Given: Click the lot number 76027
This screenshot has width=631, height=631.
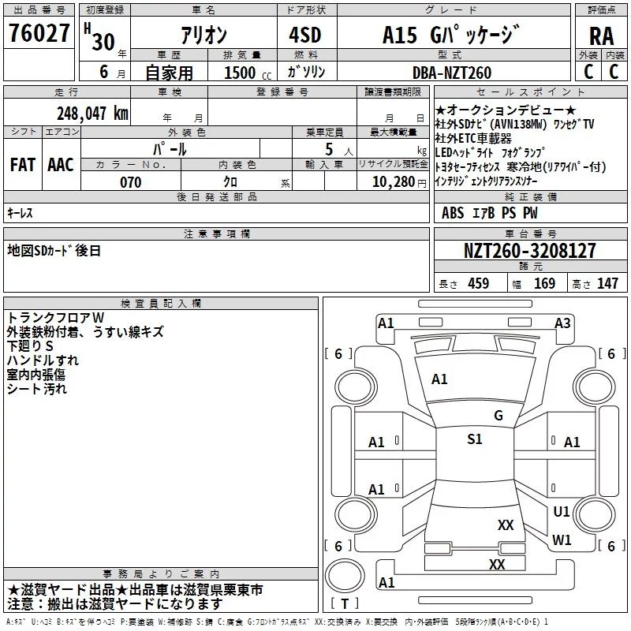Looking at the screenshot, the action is pos(39,33).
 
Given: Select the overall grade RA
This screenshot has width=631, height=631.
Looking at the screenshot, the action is pos(602,36).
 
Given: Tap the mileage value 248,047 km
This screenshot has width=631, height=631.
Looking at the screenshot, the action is pos(92,114).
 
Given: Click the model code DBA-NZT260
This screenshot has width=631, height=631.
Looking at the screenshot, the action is pos(452,73).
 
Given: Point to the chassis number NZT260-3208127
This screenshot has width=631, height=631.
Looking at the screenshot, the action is pos(529,251).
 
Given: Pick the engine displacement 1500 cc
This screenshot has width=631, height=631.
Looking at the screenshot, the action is pos(248,73).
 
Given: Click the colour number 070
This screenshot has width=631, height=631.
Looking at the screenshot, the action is pos(131,182).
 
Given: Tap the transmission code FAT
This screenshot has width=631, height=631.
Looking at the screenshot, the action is pos(23,165).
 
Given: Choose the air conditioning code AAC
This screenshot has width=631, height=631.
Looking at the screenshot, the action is pos(61,165).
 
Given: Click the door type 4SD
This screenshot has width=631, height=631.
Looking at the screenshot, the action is pos(305,35).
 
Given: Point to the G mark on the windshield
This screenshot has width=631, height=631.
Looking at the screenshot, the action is pos(498,415).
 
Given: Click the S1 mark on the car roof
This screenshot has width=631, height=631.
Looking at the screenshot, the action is pos(475,439).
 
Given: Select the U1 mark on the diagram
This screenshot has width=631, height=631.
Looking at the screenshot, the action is pos(561,511).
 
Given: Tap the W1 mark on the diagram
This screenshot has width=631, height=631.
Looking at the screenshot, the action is pos(562,540).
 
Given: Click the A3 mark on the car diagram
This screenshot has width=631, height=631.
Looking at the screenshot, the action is pos(562,323).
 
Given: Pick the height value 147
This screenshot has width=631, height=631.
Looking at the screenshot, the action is pos(607,283).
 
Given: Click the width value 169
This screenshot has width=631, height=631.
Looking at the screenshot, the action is pos(544,283).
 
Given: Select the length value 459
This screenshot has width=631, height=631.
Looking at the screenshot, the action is pos(479,283).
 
